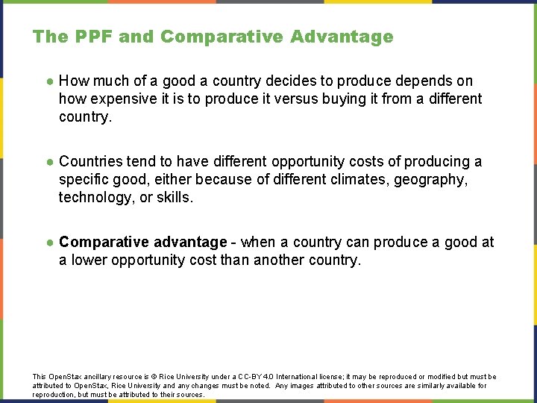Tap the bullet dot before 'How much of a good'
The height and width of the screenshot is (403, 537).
(x=48, y=81)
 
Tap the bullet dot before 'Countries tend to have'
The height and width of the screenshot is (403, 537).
(x=48, y=162)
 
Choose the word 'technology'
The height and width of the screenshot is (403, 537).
(x=94, y=197)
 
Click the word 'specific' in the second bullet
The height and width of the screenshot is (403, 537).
(x=84, y=179)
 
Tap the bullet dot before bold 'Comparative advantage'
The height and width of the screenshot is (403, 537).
(x=48, y=243)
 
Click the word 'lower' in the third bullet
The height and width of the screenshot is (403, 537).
(x=89, y=260)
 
